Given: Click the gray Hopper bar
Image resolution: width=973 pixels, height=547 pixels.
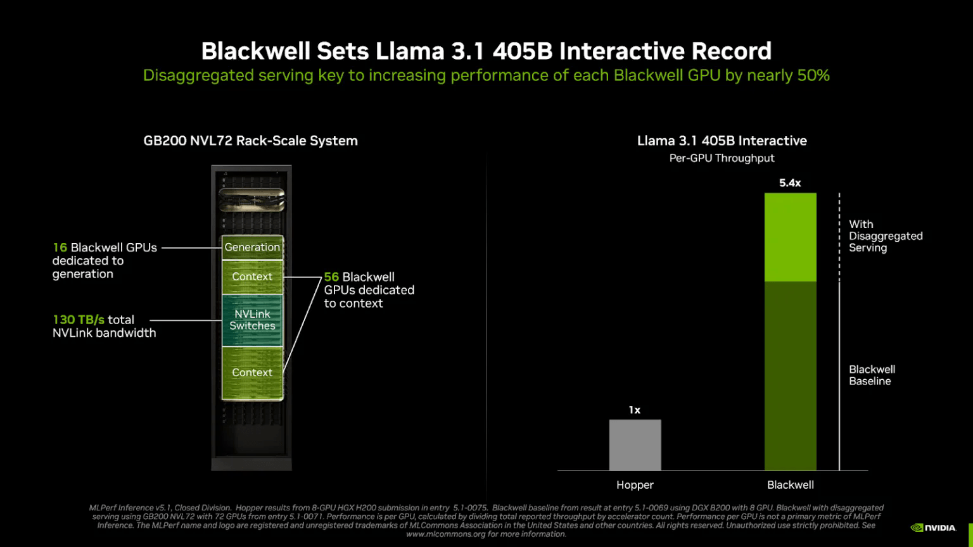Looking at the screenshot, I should click(x=635, y=444).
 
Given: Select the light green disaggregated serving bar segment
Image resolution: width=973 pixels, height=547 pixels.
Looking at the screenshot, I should click(x=790, y=237).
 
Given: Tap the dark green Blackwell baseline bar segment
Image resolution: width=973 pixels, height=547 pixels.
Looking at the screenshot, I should click(x=790, y=375).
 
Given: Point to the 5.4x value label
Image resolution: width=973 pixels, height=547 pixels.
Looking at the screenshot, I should click(x=790, y=183).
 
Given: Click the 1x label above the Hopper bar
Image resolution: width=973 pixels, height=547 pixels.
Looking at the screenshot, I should click(x=635, y=410).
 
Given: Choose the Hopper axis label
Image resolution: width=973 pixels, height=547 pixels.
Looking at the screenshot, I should click(x=635, y=485).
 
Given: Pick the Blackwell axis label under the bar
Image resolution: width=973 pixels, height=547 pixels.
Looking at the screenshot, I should click(x=790, y=485).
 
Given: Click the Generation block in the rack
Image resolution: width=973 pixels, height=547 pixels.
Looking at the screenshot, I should click(x=252, y=248).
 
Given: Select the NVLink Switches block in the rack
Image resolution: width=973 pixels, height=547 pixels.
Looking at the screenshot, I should click(x=252, y=320).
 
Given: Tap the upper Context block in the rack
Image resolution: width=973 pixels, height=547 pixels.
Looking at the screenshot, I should click(x=252, y=277).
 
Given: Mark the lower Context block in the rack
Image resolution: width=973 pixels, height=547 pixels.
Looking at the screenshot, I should click(x=252, y=373).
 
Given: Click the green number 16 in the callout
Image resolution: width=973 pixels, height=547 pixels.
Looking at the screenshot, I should click(x=60, y=248).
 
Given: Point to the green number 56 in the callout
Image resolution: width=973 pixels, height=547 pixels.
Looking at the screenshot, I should click(x=331, y=277).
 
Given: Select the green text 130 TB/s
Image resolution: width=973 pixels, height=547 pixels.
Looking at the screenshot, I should click(x=79, y=320).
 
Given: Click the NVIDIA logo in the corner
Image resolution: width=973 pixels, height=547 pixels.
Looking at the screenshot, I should click(x=933, y=527).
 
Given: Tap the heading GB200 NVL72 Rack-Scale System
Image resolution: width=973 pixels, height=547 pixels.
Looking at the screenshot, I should click(x=250, y=141).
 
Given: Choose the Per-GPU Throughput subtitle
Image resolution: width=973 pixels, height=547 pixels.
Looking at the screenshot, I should click(x=722, y=158).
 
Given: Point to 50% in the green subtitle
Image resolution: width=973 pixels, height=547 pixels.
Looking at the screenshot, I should click(x=813, y=75).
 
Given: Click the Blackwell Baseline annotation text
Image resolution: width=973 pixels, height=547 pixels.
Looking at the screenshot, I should click(x=872, y=375).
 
